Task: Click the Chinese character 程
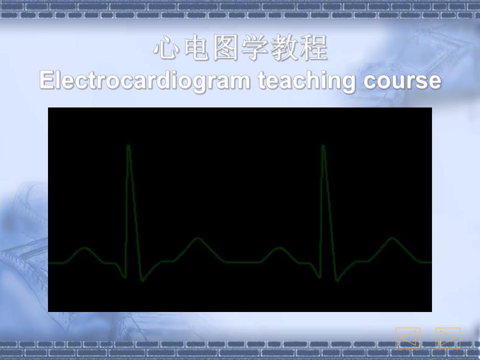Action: pos(316,50)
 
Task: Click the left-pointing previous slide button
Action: pos(407,338)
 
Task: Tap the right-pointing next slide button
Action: pos(448,338)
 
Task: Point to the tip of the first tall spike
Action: pos(128,146)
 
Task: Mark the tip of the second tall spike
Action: pos(323,146)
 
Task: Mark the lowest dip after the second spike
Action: pos(338,281)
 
